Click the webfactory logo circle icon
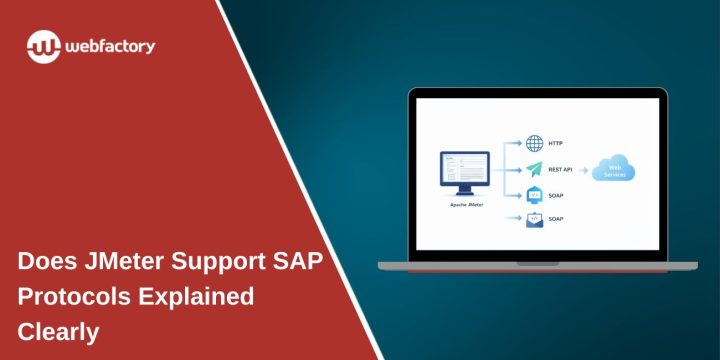45,46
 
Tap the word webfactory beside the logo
110,46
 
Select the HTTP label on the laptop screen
556,143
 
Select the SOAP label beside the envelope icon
557,220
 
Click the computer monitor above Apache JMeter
465,173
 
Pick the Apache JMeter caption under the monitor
465,203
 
